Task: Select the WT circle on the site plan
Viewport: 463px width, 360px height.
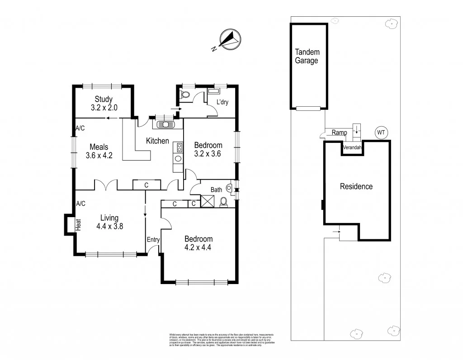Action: [x=381, y=133]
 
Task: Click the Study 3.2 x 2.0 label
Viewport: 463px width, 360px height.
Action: [x=104, y=104]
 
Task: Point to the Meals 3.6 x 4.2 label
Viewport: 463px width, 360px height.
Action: [x=99, y=151]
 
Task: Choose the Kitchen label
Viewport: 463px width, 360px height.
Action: [x=157, y=141]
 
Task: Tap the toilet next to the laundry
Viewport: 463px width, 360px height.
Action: [x=184, y=95]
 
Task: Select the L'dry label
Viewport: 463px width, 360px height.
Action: [x=222, y=102]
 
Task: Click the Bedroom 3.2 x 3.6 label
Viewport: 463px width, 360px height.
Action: [x=208, y=149]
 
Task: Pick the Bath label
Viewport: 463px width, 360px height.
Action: [x=216, y=189]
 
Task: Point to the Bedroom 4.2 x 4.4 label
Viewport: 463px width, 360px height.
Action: [x=198, y=243]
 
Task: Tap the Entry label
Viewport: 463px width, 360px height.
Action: [x=152, y=239]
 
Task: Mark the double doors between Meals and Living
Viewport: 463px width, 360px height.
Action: [x=107, y=185]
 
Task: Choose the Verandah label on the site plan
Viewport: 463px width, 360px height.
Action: [x=352, y=148]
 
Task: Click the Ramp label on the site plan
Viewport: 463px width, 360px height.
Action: [x=339, y=133]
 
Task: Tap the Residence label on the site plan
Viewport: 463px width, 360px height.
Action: [x=356, y=186]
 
